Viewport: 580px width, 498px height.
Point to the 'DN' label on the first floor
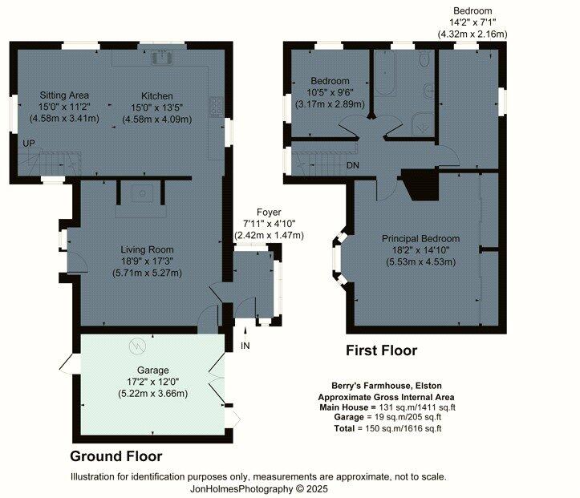(353, 166)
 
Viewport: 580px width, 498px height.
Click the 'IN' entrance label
(245, 346)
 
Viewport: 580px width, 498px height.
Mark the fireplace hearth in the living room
(142, 195)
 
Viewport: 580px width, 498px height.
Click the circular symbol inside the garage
(136, 346)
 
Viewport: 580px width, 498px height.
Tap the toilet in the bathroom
(422, 62)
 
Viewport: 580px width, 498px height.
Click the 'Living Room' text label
(148, 249)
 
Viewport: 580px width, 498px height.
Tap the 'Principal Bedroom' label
(420, 239)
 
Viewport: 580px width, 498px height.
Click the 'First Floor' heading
(381, 350)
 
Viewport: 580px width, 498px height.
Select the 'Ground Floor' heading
(116, 455)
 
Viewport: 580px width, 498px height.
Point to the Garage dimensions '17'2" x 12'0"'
(153, 382)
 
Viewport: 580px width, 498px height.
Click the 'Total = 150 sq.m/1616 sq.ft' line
(387, 429)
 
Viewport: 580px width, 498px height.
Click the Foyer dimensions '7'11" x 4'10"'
(269, 224)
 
